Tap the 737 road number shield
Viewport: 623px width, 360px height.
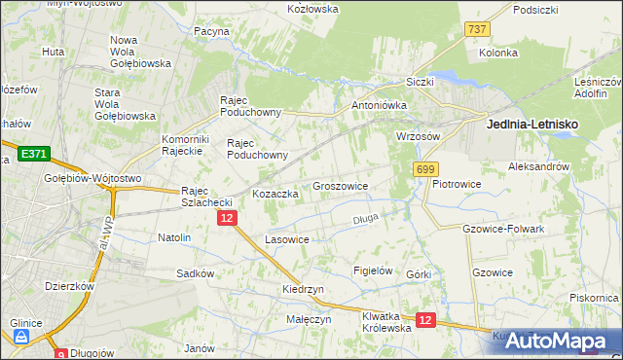click(x=477, y=30)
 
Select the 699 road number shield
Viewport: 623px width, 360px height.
click(x=424, y=169)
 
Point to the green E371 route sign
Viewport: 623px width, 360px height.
click(x=33, y=154)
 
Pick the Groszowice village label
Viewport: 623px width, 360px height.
click(x=340, y=185)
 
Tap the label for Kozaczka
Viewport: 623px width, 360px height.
click(x=275, y=194)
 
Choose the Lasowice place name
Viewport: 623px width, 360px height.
click(x=287, y=239)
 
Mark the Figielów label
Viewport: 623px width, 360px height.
click(x=373, y=270)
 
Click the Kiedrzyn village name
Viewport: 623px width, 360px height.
click(x=303, y=290)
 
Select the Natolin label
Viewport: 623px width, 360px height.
click(x=174, y=237)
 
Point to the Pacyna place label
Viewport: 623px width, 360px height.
click(x=211, y=31)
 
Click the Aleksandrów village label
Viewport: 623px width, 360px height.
click(x=538, y=167)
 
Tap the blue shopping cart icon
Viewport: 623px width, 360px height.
click(x=21, y=338)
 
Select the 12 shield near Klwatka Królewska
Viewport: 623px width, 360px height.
click(x=424, y=319)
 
